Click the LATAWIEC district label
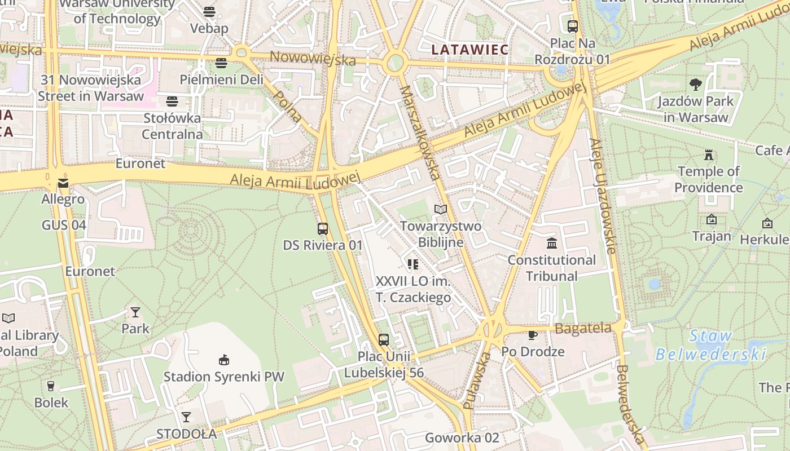pyautogui.click(x=469, y=50)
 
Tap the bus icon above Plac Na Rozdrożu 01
pyautogui.click(x=572, y=26)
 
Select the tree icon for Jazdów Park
pyautogui.click(x=695, y=85)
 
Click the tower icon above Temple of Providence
pyautogui.click(x=708, y=154)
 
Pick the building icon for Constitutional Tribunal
pyautogui.click(x=551, y=244)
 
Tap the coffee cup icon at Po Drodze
pyautogui.click(x=532, y=335)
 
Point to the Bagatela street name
pyautogui.click(x=583, y=328)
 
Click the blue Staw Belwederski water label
pyautogui.click(x=711, y=345)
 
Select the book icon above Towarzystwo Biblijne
pyautogui.click(x=440, y=210)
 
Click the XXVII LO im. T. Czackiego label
pyautogui.click(x=414, y=289)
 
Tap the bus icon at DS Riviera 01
pyautogui.click(x=323, y=229)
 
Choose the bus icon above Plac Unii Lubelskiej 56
pyautogui.click(x=384, y=339)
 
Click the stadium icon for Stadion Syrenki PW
pyautogui.click(x=223, y=360)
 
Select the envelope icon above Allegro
pyautogui.click(x=63, y=183)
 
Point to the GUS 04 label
pyautogui.click(x=64, y=225)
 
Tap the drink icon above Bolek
pyautogui.click(x=51, y=386)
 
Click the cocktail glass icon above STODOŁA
pyautogui.click(x=186, y=417)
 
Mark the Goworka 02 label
pyautogui.click(x=462, y=438)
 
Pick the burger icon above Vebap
pyautogui.click(x=209, y=12)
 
